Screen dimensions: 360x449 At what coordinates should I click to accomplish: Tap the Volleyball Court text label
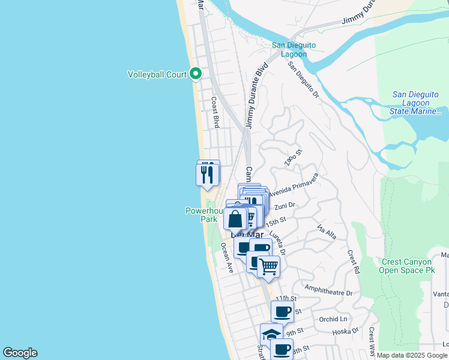157,74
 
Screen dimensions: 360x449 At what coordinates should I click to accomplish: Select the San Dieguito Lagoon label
294,49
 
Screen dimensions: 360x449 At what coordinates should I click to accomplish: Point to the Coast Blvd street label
214,113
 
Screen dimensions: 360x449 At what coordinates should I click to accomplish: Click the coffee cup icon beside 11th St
282,312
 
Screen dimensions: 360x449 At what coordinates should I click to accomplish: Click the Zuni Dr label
285,206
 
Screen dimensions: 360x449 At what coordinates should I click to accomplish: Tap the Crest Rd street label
353,260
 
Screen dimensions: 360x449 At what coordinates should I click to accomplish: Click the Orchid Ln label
334,319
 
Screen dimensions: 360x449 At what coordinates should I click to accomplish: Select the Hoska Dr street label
346,331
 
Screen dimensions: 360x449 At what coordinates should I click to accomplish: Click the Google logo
20,353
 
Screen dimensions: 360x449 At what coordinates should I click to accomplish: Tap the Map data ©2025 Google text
412,355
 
